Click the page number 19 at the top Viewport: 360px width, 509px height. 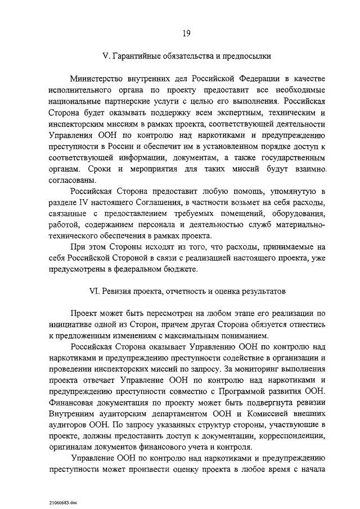[x=186, y=34]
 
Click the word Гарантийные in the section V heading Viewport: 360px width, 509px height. [x=139, y=56]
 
